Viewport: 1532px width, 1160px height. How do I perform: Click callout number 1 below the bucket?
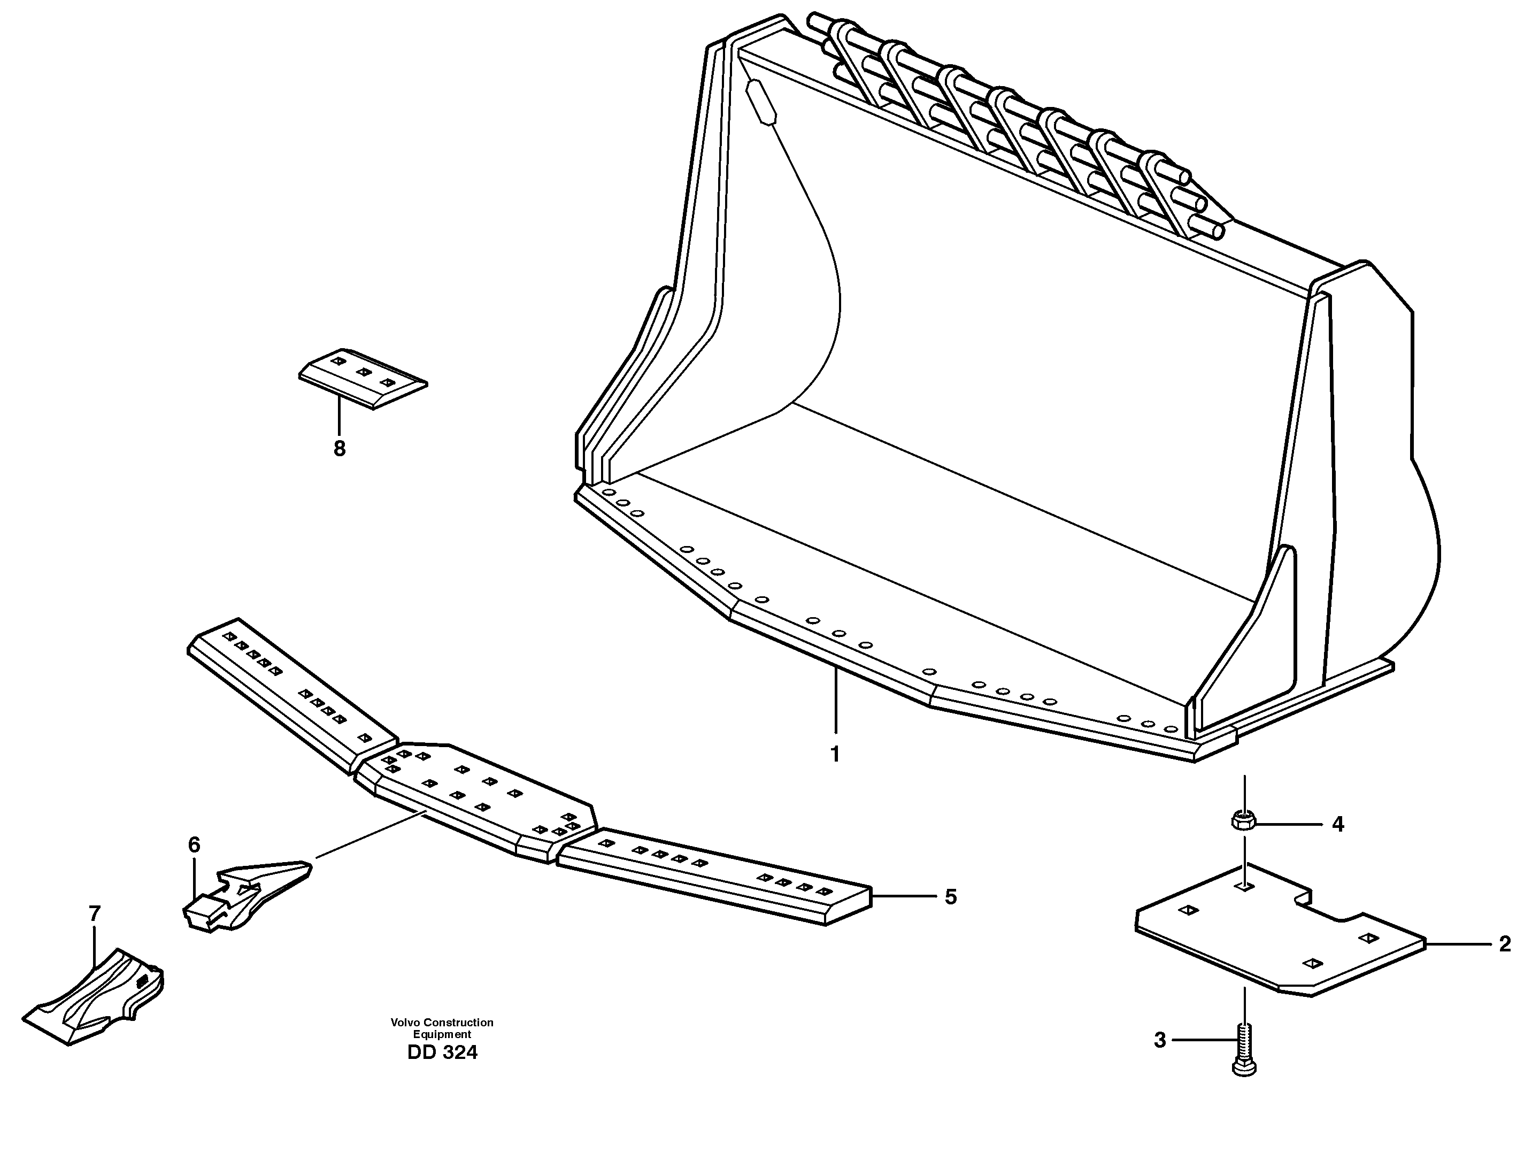pyautogui.click(x=835, y=754)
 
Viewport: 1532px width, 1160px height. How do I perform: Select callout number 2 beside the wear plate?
pyautogui.click(x=1505, y=944)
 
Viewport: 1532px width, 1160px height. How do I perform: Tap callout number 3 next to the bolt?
pyautogui.click(x=1160, y=1059)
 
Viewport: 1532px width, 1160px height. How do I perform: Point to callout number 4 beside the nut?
pyautogui.click(x=1338, y=825)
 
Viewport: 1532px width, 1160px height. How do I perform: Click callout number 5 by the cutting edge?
pyautogui.click(x=950, y=897)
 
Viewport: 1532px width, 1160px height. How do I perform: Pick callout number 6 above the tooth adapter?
pyautogui.click(x=194, y=845)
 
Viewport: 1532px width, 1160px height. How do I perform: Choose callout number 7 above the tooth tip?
pyautogui.click(x=95, y=914)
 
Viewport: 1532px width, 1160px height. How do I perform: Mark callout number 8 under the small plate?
pyautogui.click(x=340, y=449)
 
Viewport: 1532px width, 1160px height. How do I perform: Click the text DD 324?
pyautogui.click(x=442, y=1053)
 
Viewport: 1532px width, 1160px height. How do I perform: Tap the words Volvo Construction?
pyautogui.click(x=442, y=1022)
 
